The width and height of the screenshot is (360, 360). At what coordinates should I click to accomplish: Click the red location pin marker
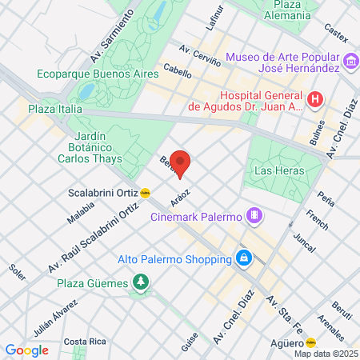tap(180, 163)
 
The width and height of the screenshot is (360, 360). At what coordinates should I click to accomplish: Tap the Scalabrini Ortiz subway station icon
tap(145, 192)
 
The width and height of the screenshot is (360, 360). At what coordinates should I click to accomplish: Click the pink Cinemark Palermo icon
tap(254, 215)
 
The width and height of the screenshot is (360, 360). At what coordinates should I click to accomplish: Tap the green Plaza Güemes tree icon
tap(141, 282)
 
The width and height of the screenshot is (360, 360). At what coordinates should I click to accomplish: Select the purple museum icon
tap(350, 62)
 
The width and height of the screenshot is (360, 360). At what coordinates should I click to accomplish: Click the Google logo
tap(26, 350)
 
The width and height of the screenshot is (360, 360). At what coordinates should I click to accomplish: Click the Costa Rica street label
tap(86, 342)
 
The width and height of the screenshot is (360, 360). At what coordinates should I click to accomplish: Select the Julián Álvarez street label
tap(54, 319)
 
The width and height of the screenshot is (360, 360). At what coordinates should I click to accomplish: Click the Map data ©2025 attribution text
tap(326, 354)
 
